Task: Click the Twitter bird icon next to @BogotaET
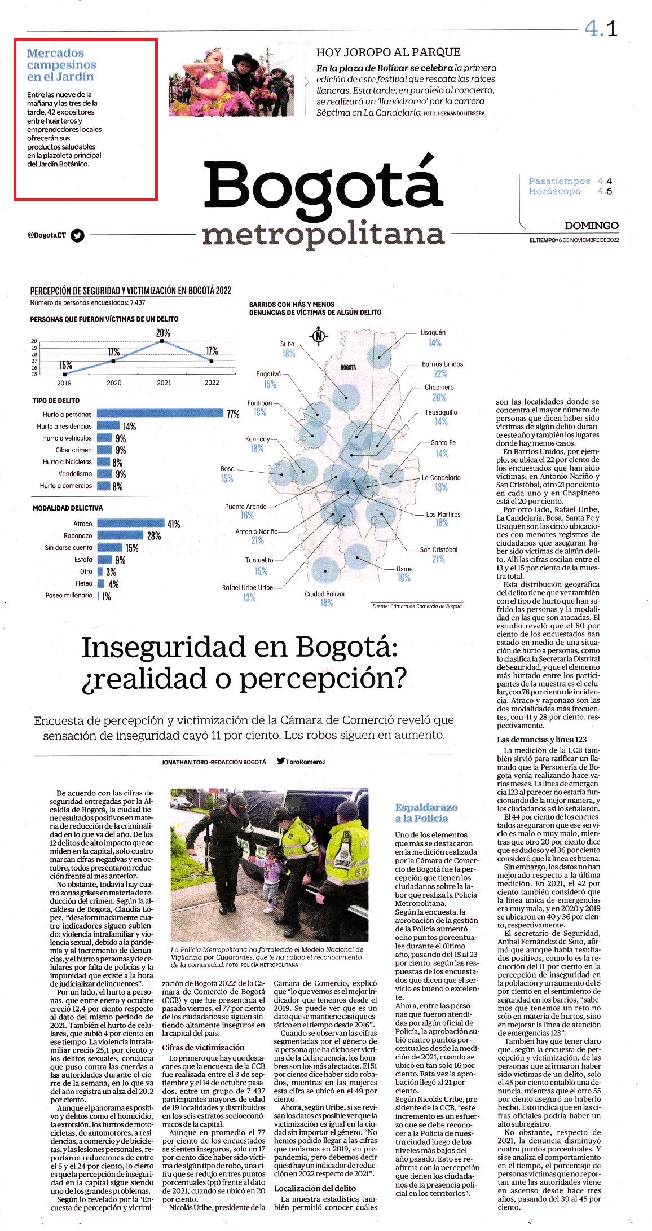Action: coord(78,235)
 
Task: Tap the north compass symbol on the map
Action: coord(319,336)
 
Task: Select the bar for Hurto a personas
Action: coord(160,414)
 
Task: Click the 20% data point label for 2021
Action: coord(163,333)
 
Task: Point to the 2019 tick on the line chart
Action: coord(64,383)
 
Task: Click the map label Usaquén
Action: coord(433,332)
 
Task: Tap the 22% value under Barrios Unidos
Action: coord(440,374)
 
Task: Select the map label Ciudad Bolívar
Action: coord(325,593)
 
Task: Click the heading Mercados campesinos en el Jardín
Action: coord(61,65)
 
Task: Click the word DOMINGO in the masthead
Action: coord(592,225)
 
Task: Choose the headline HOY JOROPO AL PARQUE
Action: coord(389,52)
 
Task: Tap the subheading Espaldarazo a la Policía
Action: coord(426,813)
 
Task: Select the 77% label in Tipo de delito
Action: coord(233,415)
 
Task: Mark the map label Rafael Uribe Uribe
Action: coord(248,587)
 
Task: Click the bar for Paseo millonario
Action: coord(98,596)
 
